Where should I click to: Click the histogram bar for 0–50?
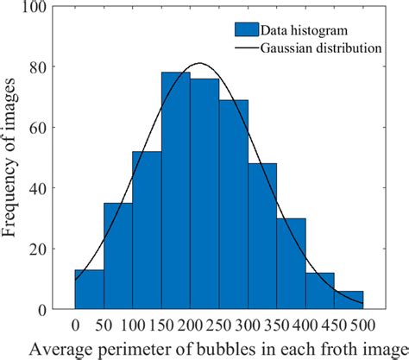click(x=89, y=289)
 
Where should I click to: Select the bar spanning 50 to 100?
click(x=117, y=256)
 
